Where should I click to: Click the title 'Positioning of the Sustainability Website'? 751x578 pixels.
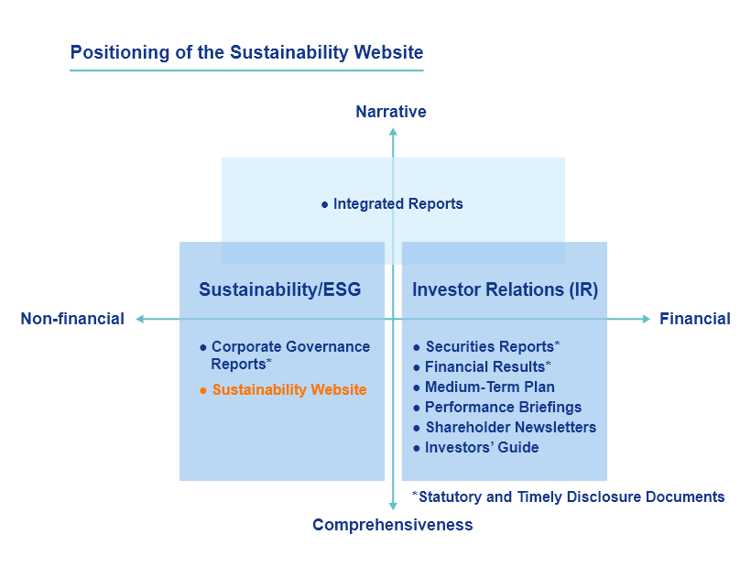[x=246, y=53]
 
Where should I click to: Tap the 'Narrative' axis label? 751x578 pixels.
[x=391, y=112]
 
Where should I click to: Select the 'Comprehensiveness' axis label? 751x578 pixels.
[x=393, y=525]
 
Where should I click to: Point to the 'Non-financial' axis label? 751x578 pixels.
[x=72, y=319]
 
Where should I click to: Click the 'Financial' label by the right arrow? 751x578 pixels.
[x=695, y=319]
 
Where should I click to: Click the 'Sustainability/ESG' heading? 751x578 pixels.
[x=279, y=289]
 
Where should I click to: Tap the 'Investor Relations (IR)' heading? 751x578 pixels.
[x=506, y=289]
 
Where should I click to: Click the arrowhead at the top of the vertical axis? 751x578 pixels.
[x=393, y=131]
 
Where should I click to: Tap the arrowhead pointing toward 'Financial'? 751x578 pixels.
[x=646, y=319]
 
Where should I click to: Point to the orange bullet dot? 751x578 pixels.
[x=203, y=391]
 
